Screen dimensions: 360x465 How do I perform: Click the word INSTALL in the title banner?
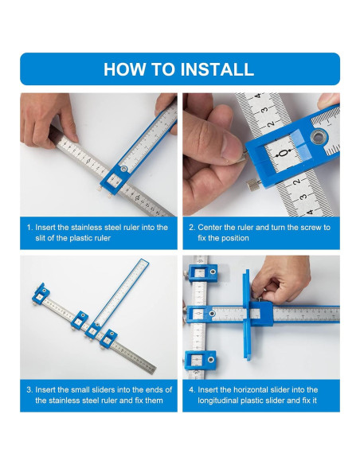(217, 69)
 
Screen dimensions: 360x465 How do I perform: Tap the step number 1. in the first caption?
(29, 228)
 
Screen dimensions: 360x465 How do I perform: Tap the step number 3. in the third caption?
(29, 389)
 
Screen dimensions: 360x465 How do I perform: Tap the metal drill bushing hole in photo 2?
(319, 137)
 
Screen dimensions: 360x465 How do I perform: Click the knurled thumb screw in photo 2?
(253, 186)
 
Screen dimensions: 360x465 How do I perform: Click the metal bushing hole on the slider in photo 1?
(123, 170)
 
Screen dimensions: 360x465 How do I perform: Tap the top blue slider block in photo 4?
(203, 273)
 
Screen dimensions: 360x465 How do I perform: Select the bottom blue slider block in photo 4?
(201, 360)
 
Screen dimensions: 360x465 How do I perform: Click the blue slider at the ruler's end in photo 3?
(41, 294)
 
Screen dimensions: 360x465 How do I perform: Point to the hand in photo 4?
(280, 279)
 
